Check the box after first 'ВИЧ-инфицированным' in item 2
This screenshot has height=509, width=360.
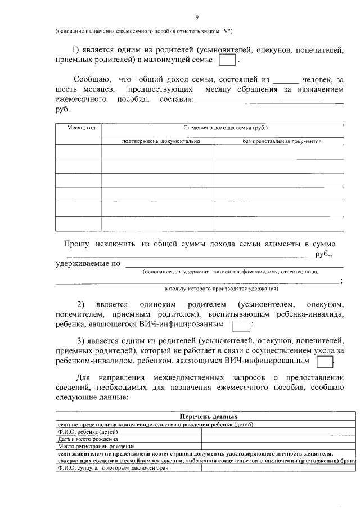coord(241,326)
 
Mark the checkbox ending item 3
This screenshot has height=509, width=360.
coord(325,361)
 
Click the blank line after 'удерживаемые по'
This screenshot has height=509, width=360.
coord(233,263)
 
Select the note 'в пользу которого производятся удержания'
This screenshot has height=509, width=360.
coord(221,288)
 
